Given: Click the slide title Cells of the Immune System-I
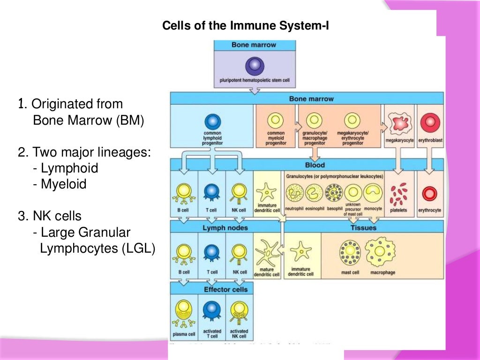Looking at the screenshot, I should pos(246,25).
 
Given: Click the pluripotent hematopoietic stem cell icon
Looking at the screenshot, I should pos(255,65).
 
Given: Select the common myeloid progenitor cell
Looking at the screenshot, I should pos(276,121).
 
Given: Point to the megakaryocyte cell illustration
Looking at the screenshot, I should pos(399,123).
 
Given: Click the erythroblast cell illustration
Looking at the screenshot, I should pos(429,123).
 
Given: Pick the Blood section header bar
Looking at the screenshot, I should pos(314,165).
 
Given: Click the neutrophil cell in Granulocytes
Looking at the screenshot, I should pos(295,193).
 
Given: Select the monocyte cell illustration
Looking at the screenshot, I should pos(373,193).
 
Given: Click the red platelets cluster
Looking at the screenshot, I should pos(399,194).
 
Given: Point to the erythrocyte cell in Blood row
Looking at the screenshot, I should pos(429,194).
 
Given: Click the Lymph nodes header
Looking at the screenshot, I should pos(225,228).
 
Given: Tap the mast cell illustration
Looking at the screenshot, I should pos(349,253).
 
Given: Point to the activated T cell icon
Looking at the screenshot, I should pos(212,311).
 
